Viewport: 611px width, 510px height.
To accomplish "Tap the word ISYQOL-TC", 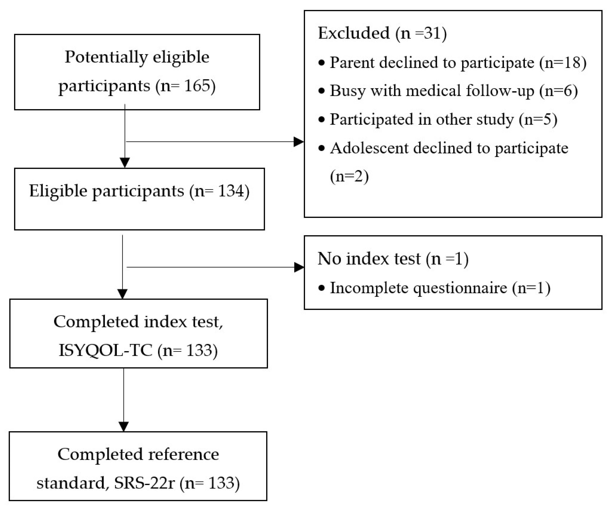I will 105,350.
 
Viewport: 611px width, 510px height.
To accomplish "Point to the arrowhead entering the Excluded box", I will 299,142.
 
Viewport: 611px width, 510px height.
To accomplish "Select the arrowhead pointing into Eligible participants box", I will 125,162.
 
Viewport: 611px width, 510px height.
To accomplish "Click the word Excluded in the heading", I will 354,33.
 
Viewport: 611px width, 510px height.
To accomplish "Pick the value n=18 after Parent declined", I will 563,63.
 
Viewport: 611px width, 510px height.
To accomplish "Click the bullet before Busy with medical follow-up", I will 321,91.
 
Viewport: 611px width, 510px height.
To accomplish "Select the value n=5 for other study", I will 538,120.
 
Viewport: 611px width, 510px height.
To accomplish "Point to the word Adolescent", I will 369,148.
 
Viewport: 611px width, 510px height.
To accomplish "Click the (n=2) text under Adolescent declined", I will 349,176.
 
